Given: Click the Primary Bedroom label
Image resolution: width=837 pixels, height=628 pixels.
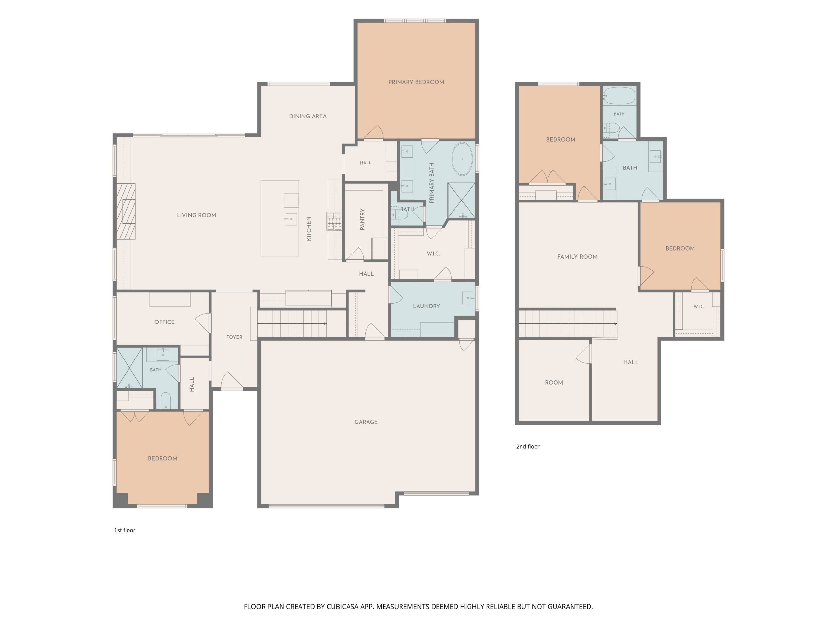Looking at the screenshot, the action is click(416, 82).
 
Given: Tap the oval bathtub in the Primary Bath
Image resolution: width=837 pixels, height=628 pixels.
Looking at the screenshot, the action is click(462, 159).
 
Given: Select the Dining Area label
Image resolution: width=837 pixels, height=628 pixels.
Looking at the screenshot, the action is click(308, 116).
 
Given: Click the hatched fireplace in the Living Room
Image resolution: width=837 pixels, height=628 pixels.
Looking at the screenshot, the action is click(126, 211).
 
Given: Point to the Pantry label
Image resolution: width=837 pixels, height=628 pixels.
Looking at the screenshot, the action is click(362, 219).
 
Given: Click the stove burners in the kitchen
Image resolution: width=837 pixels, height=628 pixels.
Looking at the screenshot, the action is click(334, 221).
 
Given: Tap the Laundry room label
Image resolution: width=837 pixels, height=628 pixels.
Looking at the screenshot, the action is click(426, 306).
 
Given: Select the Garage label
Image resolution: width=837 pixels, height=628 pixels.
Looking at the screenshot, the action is click(366, 422).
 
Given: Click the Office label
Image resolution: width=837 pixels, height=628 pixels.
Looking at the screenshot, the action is click(164, 322).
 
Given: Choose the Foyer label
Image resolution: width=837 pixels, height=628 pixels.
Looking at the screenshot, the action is click(234, 337).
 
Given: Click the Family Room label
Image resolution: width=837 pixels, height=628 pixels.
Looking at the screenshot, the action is click(577, 257).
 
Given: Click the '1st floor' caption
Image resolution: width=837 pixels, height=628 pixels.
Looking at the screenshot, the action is click(125, 530).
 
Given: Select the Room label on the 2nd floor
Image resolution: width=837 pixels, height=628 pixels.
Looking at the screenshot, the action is click(554, 382).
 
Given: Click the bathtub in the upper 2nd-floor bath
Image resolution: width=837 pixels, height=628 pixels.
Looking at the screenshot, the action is click(619, 96).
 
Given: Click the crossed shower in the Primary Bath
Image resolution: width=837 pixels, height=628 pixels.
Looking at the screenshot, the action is click(461, 201).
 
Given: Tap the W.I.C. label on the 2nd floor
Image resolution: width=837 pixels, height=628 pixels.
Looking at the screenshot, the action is click(699, 306).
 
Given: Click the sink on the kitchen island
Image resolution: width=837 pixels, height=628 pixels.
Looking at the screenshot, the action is click(291, 219).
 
